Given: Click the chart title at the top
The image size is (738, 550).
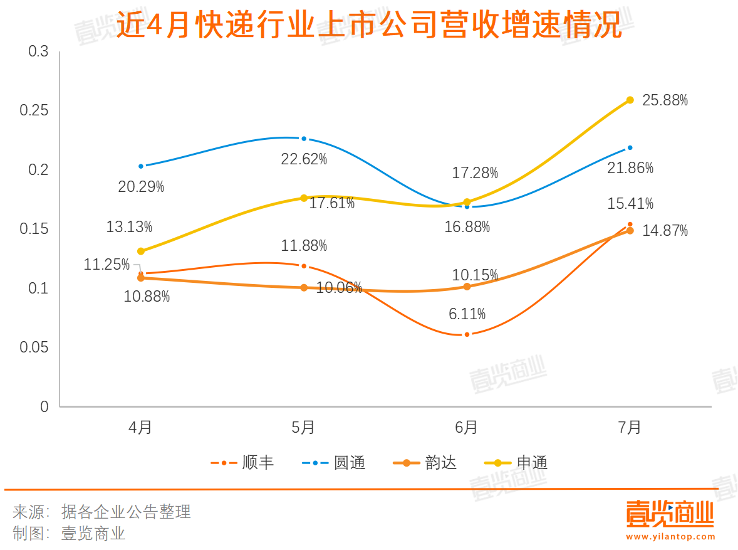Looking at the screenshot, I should click(x=369, y=26).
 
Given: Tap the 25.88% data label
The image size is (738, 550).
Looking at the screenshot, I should click(x=665, y=100).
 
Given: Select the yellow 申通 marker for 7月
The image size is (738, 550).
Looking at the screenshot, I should click(x=630, y=100).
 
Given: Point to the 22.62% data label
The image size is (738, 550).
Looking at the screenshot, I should click(x=304, y=159).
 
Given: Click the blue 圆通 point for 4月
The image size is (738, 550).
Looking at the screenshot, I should click(x=141, y=166).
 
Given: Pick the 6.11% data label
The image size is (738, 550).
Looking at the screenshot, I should click(x=467, y=314).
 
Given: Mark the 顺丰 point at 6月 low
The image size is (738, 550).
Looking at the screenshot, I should click(x=467, y=335).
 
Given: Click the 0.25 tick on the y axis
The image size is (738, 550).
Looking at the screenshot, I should click(x=34, y=111).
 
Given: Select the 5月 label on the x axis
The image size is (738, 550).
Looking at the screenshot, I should click(x=304, y=428).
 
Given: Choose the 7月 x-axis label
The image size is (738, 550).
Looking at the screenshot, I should click(x=630, y=428).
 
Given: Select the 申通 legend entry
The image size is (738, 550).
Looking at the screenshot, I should click(x=517, y=463).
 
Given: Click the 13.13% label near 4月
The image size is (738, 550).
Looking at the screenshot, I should click(x=129, y=227).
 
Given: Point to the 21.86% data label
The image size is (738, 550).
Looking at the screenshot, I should click(x=630, y=168).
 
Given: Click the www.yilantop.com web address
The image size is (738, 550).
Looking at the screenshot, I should click(x=670, y=537).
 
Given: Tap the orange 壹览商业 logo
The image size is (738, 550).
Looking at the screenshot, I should click(x=670, y=515).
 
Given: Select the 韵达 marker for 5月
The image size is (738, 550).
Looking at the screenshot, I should click(x=304, y=288).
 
